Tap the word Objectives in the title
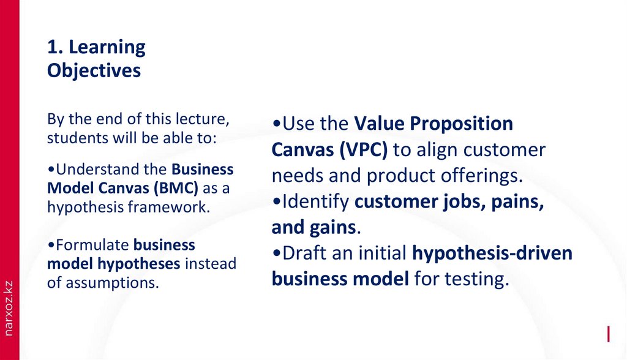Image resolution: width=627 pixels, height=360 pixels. click(x=94, y=71)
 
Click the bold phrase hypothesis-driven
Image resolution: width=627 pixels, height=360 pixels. click(x=492, y=253)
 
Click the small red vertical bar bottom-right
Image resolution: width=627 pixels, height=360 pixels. click(x=609, y=334)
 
